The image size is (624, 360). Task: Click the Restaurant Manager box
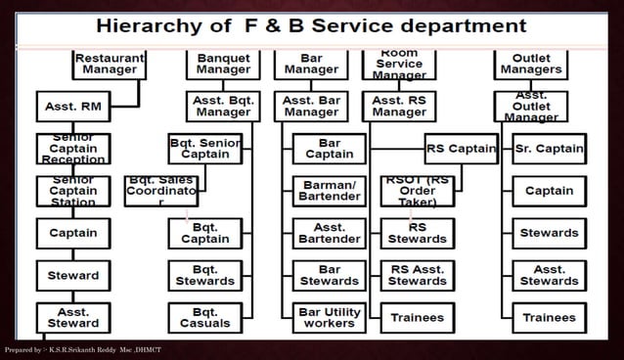(110, 64)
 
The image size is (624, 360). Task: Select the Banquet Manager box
(222, 64)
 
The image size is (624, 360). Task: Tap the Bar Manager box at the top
(311, 64)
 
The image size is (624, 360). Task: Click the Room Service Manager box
(399, 64)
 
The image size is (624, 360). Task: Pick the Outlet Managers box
(531, 64)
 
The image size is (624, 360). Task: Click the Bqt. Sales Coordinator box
(161, 191)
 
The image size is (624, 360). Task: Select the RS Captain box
(461, 149)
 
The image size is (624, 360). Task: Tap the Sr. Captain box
(549, 149)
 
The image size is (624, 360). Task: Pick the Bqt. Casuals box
(204, 317)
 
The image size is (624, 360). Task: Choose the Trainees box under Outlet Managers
(549, 317)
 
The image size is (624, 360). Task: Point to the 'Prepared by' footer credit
(82, 350)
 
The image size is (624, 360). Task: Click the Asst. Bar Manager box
(311, 106)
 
